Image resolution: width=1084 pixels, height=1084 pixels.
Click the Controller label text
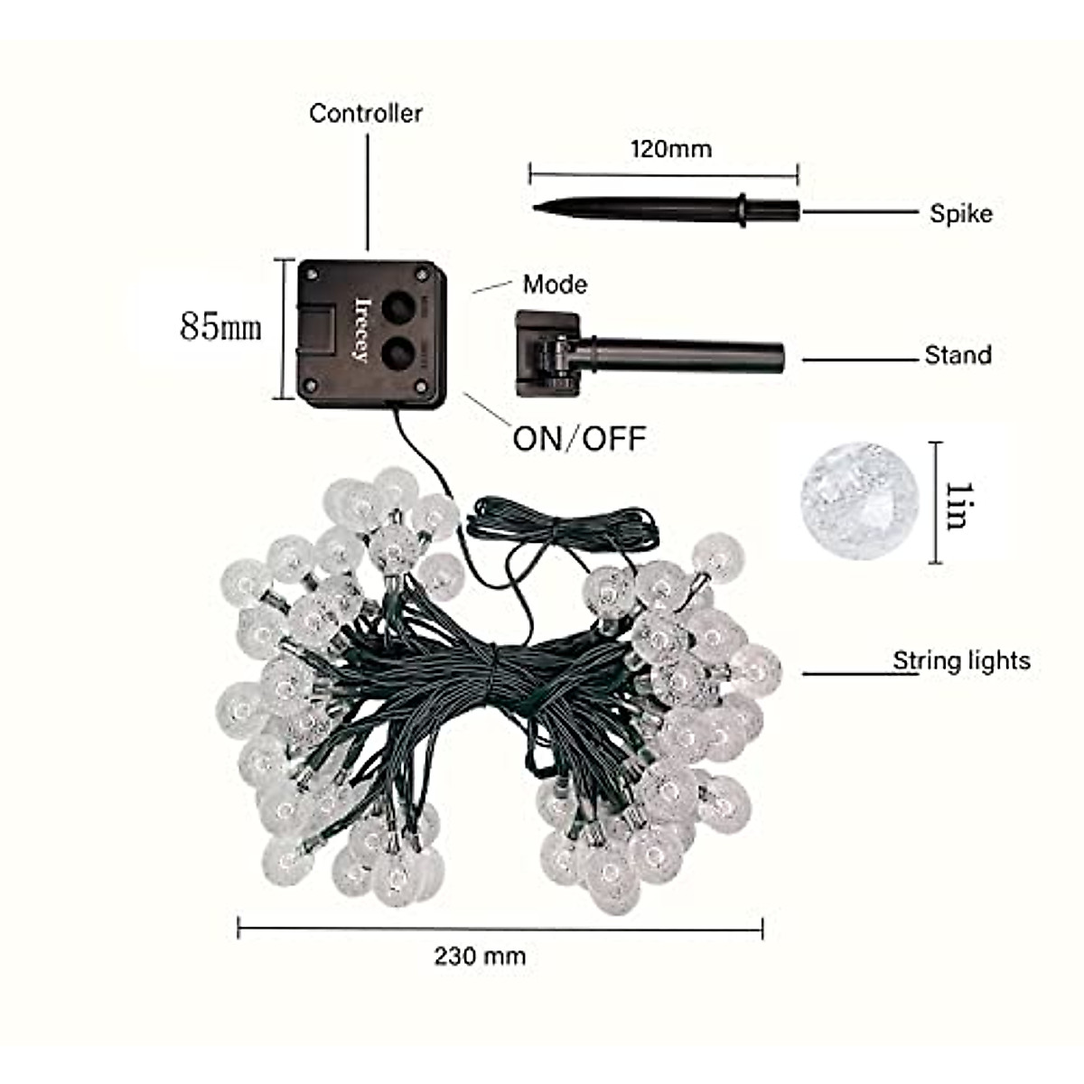366,114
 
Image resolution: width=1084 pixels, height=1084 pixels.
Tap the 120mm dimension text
670,148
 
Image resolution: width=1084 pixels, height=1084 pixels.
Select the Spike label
961,214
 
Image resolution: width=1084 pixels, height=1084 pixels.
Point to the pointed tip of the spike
536,208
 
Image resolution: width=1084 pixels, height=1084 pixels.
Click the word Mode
555,285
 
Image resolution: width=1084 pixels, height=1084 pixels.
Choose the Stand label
958,355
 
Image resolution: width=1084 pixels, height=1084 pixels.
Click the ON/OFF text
580,439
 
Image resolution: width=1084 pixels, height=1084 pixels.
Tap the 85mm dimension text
221,325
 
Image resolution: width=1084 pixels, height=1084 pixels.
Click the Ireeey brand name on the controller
363,330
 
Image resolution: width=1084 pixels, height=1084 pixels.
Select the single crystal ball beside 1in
858,500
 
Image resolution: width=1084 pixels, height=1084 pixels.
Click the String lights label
961,661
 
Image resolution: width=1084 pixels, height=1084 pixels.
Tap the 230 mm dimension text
480,956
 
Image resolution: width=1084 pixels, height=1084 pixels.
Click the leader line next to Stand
858,360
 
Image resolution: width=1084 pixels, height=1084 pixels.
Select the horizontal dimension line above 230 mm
500,927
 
